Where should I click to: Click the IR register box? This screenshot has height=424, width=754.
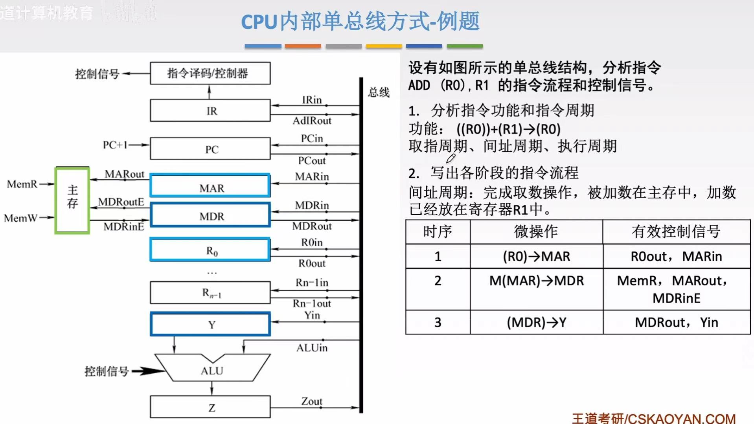pyautogui.click(x=210, y=111)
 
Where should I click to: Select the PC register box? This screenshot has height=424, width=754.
pyautogui.click(x=210, y=149)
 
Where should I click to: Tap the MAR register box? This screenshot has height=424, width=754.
pyautogui.click(x=210, y=186)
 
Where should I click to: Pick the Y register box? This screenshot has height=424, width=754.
pyautogui.click(x=210, y=324)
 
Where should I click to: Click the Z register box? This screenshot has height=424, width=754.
pyautogui.click(x=210, y=407)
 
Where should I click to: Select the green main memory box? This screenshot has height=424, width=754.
pyautogui.click(x=72, y=200)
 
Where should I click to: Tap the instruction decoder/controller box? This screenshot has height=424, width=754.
pyautogui.click(x=210, y=73)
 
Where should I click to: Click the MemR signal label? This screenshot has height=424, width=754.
pyautogui.click(x=22, y=184)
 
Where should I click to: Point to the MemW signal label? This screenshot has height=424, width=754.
pyautogui.click(x=20, y=218)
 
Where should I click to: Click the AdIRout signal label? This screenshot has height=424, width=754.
pyautogui.click(x=312, y=121)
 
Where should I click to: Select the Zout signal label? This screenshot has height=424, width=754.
pyautogui.click(x=311, y=401)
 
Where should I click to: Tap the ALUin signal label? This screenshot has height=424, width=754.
pyautogui.click(x=312, y=348)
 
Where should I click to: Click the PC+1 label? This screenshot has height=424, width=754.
pyautogui.click(x=115, y=145)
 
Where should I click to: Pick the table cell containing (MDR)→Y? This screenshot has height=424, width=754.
pyautogui.click(x=536, y=323)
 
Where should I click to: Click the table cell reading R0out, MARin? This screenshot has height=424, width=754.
pyautogui.click(x=676, y=257)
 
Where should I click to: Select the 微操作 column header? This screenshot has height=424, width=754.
pyautogui.click(x=536, y=232)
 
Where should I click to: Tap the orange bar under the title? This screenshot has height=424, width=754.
pyautogui.click(x=303, y=46)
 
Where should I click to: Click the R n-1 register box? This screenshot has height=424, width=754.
pyautogui.click(x=210, y=293)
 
